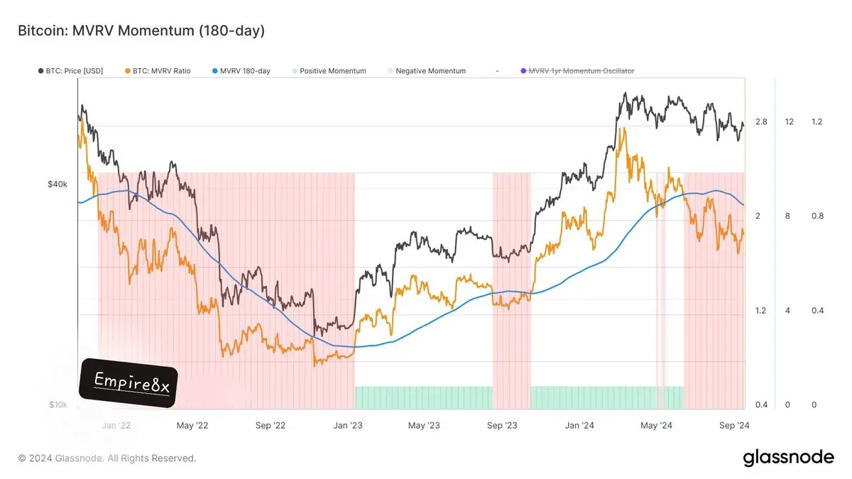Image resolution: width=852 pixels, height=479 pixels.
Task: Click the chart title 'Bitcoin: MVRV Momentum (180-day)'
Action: [141, 31]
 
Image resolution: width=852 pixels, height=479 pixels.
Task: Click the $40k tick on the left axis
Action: [57, 184]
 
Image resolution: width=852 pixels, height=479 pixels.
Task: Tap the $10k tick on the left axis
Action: [58, 405]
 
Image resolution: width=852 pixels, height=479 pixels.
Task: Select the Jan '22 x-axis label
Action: [116, 426]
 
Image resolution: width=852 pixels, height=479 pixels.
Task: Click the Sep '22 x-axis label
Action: [269, 426]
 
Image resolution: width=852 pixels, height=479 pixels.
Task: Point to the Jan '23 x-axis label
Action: [348, 426]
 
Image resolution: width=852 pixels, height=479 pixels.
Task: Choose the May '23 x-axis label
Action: [425, 426]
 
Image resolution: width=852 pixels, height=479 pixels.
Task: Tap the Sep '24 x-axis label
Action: [735, 426]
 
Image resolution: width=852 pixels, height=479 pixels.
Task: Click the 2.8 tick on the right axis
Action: [761, 122]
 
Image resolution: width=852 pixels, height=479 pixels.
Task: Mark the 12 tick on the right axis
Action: [789, 122]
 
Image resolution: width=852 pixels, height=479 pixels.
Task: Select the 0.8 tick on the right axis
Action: [817, 216]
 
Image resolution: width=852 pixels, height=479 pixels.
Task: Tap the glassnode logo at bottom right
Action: [788, 458]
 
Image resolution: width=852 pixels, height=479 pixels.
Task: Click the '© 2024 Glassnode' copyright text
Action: [106, 458]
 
